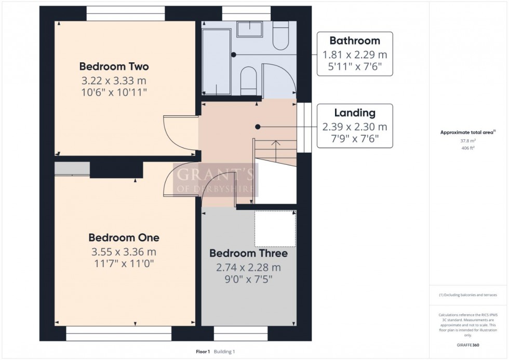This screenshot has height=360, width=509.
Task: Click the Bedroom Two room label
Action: (114, 66)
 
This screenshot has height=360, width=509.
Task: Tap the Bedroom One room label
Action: (124, 237)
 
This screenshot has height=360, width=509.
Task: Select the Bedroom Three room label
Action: (248, 254)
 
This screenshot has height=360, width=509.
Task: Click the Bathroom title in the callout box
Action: (355, 41)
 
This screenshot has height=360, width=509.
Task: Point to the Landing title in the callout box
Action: (355, 113)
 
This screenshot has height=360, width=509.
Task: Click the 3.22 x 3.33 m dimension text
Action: (114, 81)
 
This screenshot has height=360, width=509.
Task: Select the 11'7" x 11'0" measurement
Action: (124, 263)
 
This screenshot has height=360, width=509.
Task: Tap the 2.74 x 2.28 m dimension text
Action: (248, 268)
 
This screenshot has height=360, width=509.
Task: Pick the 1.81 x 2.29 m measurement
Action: (355, 55)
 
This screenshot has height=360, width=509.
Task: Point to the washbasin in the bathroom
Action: (249, 29)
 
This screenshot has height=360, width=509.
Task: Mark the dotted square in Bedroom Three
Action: (275, 229)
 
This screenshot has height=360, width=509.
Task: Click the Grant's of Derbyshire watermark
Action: (215, 180)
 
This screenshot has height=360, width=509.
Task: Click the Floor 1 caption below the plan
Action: (203, 352)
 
